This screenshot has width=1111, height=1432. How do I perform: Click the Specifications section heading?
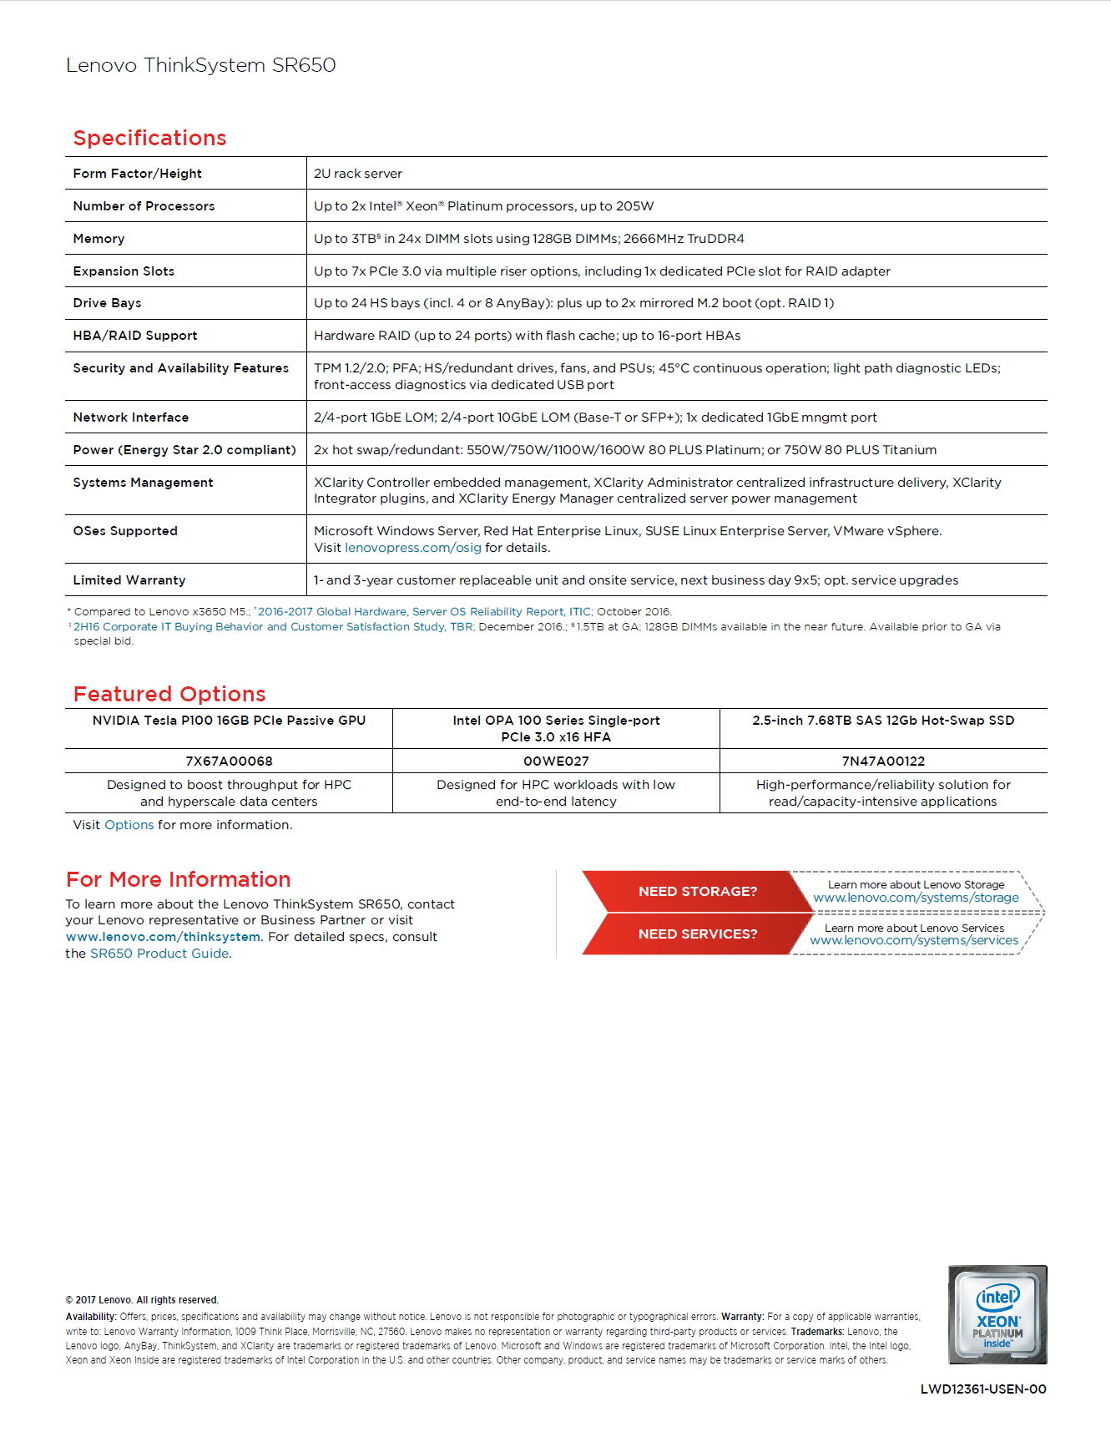pos(149,138)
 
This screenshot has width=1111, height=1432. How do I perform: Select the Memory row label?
pos(98,239)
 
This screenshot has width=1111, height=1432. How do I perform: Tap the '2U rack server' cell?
pos(357,174)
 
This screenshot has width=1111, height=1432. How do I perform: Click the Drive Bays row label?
pos(107,303)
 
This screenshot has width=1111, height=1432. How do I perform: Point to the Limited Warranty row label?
pos(129,580)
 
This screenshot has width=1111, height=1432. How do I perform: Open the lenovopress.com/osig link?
pos(412,548)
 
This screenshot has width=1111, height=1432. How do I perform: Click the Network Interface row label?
pos(131,417)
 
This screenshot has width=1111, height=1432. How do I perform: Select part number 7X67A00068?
pos(229,761)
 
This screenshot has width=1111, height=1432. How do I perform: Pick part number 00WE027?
pos(556,761)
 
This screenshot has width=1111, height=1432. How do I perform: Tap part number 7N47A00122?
pos(883,761)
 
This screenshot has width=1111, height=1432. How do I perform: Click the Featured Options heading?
pos(169,694)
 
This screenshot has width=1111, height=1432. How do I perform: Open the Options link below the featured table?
pos(129,825)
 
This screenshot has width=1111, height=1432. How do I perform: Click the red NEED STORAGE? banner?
pos(697,892)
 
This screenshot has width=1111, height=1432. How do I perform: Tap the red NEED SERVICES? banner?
pos(697,934)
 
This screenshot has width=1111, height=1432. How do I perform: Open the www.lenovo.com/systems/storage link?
pos(916,898)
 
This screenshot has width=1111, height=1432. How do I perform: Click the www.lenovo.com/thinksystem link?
pos(163,937)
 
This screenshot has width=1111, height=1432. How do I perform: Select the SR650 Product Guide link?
pos(159,954)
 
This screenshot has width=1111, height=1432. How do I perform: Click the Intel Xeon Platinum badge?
pos(997,1314)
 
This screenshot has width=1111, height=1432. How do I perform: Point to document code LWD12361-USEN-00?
pos(982,1389)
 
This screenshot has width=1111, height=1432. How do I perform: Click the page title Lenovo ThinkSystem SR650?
pos(201,65)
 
